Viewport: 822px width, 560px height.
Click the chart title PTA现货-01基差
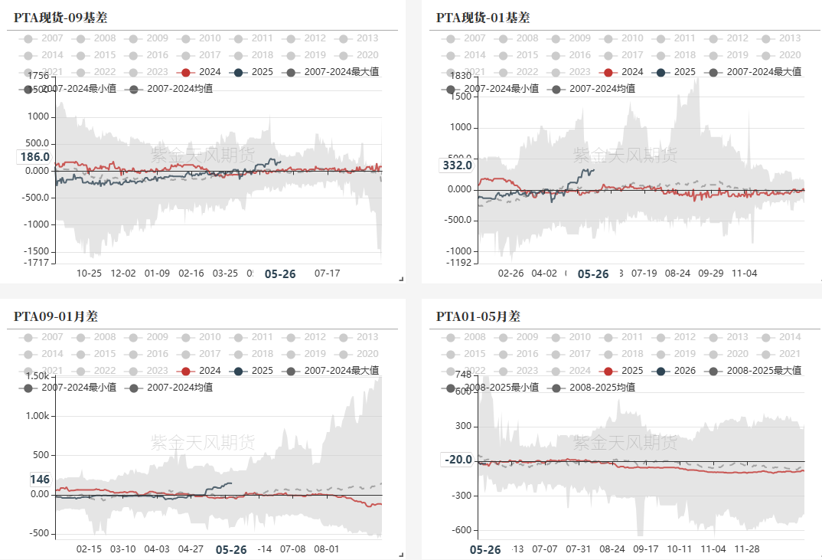(483, 18)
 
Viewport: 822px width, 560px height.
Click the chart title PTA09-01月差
(56, 316)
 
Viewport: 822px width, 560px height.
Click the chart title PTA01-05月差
(478, 316)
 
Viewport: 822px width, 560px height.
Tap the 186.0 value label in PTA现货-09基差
(34, 157)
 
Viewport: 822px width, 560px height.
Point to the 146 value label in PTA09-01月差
(40, 480)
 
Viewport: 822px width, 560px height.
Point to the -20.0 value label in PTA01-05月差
(458, 460)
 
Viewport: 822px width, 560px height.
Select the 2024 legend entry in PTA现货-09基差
(201, 72)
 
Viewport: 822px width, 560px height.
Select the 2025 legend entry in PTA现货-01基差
(676, 72)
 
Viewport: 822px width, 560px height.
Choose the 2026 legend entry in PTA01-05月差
(676, 371)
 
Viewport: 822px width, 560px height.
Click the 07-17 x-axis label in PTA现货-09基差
(328, 273)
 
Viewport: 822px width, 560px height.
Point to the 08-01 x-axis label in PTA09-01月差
(327, 549)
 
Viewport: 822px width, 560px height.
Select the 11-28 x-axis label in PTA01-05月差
(747, 549)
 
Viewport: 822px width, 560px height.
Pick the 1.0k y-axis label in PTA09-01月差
(37, 415)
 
